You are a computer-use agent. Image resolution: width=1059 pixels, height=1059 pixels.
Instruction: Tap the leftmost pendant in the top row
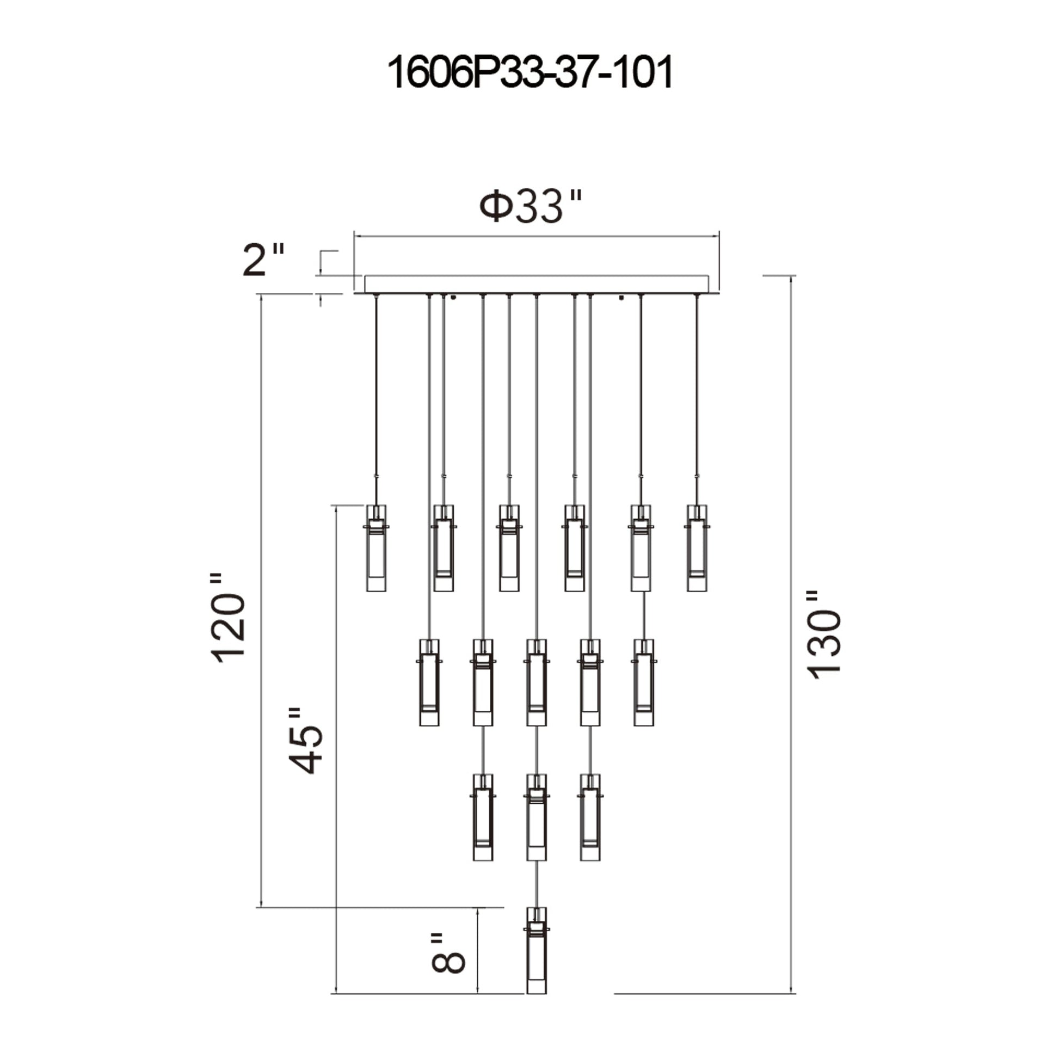376,548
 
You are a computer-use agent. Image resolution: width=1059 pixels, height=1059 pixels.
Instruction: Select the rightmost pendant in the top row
697,548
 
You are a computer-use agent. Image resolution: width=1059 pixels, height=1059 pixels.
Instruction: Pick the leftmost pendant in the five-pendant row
429,682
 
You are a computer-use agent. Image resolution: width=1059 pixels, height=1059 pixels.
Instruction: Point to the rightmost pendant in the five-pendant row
644,682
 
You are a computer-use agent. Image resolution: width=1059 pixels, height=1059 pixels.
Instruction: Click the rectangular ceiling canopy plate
537,284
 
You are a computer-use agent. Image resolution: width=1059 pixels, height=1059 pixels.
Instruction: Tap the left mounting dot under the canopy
453,298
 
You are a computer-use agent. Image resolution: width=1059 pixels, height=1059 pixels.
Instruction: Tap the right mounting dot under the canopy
621,298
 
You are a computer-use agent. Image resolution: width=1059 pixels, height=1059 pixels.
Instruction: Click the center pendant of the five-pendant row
537,682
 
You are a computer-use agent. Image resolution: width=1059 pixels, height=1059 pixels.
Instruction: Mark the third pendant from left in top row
509,548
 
